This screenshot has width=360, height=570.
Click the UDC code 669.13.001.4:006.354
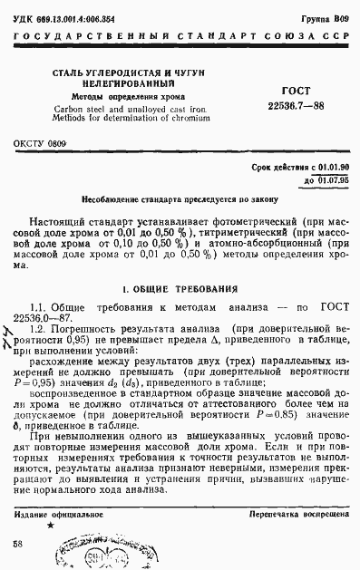81,17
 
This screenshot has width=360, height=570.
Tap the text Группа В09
325,17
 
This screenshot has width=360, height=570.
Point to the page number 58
17,543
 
